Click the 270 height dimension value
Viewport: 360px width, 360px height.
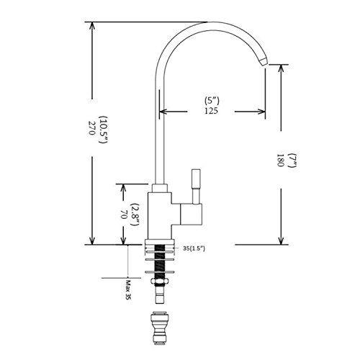pos(91,128)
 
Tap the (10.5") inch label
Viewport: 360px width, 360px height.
pos(104,130)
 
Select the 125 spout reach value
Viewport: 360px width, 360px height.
pos(211,111)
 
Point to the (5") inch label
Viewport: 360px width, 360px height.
pos(212,100)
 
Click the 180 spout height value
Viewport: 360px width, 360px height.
pos(281,161)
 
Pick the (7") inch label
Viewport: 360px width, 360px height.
pos(292,160)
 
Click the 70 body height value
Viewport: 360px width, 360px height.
pos(123,215)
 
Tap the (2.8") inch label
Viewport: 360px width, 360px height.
pos(135,215)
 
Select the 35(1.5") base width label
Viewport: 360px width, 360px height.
pos(194,248)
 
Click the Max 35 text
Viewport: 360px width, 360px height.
pos(128,290)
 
